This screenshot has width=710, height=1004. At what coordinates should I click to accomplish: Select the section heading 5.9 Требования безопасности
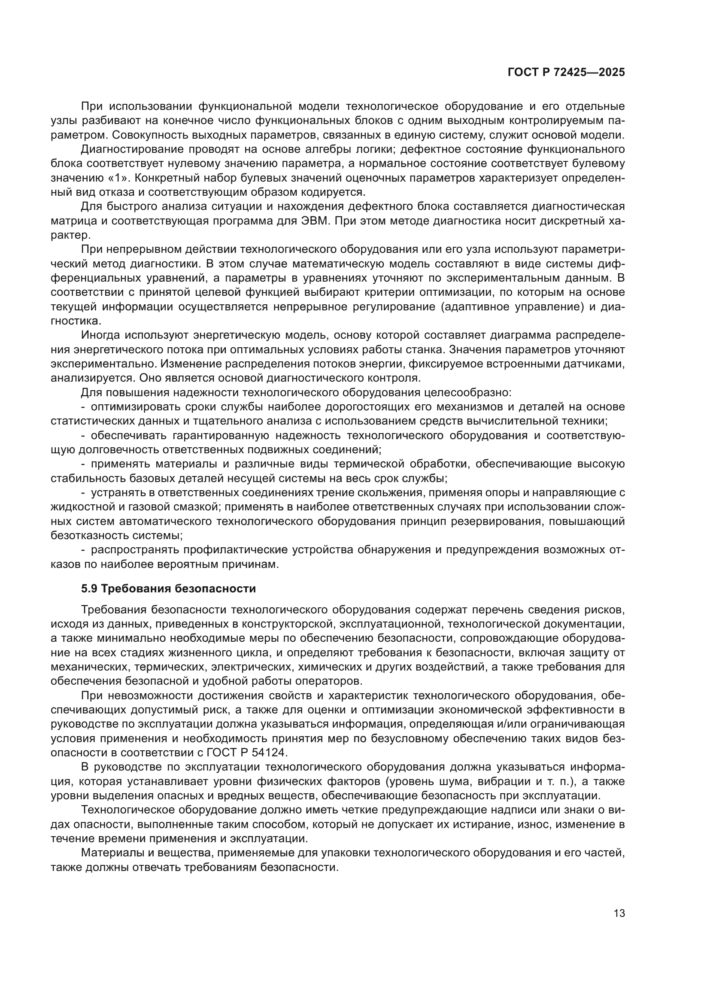click(168, 588)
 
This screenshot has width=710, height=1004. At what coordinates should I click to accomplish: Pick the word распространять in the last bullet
click(134, 550)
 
